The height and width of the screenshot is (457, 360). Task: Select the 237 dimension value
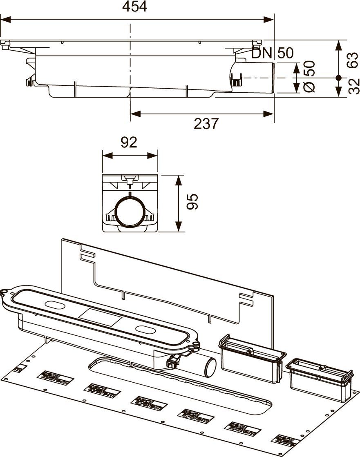coord(206,123)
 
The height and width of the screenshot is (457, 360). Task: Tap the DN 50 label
coord(272,53)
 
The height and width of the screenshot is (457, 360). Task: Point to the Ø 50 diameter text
coord(309,76)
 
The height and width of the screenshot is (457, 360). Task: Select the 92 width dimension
coord(129,143)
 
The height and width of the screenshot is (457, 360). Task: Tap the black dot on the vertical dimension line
coord(338,77)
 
